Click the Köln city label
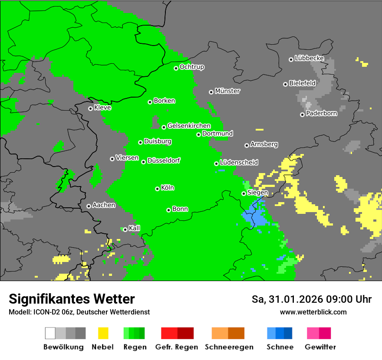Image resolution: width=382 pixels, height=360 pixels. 167,188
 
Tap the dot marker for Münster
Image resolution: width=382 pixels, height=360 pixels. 211,92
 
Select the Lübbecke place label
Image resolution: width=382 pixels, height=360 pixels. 309,58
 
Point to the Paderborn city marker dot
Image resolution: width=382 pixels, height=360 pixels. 302,115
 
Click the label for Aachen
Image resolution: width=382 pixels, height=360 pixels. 104,205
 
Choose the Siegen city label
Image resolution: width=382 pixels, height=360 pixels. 257,193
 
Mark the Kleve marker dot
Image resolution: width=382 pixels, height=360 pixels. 90,108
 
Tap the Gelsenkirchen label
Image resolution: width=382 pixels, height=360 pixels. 189,126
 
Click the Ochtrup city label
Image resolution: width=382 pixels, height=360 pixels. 191,67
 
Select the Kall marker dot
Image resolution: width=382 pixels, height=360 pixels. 125,229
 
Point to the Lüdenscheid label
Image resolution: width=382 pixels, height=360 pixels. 239,163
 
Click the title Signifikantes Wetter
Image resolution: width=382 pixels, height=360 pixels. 72,299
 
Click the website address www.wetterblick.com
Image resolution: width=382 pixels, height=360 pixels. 313,312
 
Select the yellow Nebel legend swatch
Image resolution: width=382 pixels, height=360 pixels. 103,333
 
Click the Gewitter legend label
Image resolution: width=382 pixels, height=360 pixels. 320,347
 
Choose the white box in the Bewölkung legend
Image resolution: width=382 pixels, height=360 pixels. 50,333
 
